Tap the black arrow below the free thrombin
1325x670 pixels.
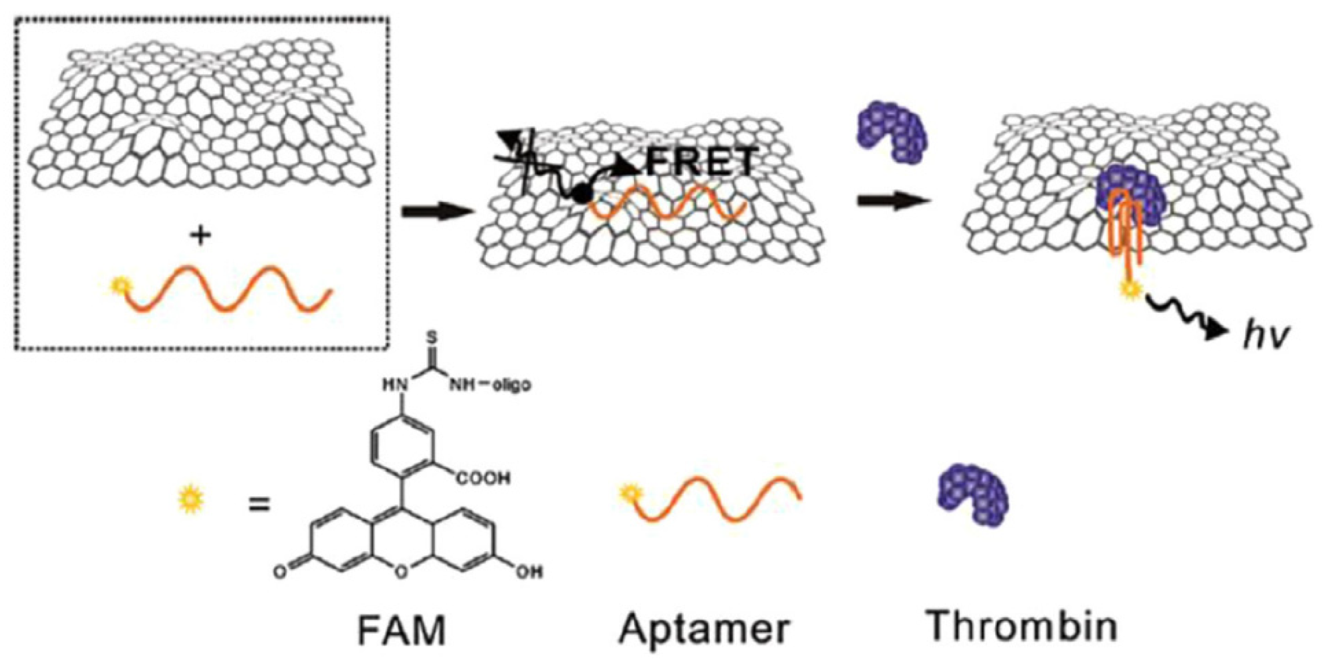(x=893, y=201)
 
